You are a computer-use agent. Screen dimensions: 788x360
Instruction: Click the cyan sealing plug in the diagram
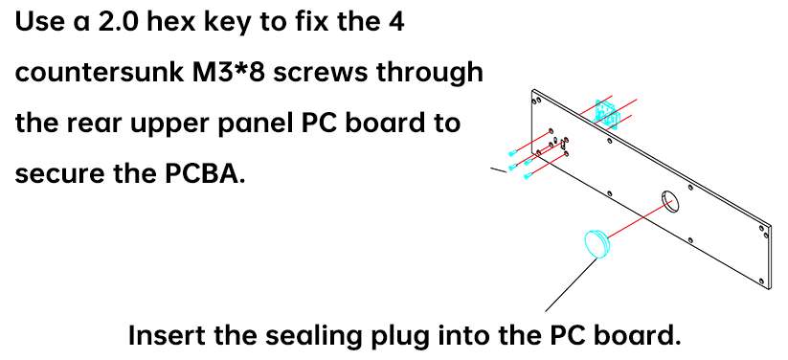(x=597, y=243)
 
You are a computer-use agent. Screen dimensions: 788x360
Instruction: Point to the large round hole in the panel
(x=669, y=202)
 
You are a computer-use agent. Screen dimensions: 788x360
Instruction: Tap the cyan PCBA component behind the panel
(x=607, y=113)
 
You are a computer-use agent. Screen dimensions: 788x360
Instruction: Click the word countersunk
(x=100, y=73)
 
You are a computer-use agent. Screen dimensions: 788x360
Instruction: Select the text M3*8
(x=230, y=73)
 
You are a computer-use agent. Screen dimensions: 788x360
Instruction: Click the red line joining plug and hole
(x=641, y=218)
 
